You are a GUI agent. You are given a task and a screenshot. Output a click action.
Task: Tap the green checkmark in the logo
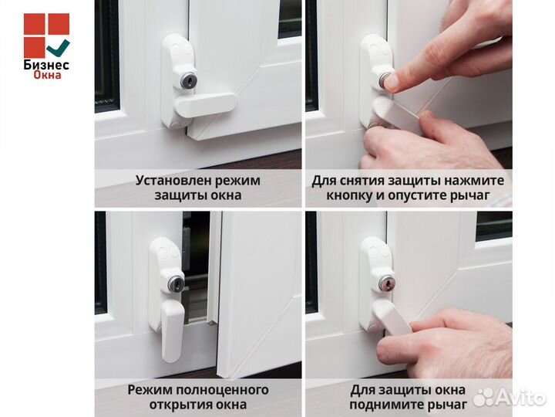[59, 49]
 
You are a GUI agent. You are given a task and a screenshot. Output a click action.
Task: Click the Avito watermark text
[520, 398]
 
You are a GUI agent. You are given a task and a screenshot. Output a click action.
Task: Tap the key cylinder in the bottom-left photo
[177, 285]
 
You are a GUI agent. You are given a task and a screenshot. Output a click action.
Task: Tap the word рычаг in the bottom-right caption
[448, 404]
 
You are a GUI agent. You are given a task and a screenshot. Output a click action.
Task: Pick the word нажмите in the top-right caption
[477, 181]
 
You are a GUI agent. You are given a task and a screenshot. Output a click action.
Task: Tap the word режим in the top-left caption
[234, 181]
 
